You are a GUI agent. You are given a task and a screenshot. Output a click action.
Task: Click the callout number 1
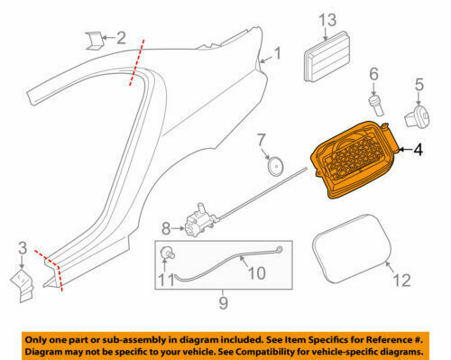click(278, 53)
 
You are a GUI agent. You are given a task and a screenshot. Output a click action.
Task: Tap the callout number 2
click(120, 38)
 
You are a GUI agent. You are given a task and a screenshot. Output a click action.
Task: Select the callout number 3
click(23, 246)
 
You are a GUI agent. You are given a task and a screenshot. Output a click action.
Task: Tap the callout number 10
click(255, 272)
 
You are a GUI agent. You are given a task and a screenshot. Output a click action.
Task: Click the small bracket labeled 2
click(94, 37)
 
